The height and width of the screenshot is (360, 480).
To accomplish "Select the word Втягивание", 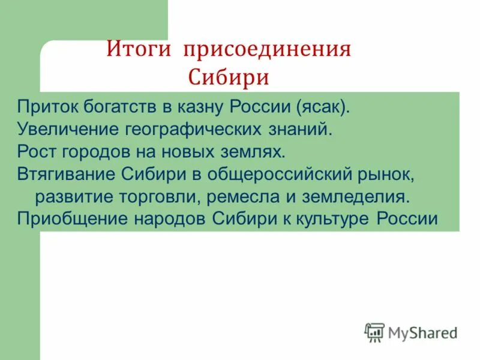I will pyautogui.click(x=67, y=173).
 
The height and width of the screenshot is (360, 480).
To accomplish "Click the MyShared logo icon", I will pyautogui.click(x=374, y=331).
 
